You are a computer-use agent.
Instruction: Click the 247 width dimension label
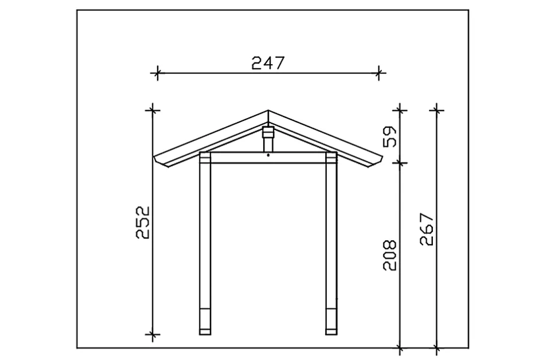pos(268,63)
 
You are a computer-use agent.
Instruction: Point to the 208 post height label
pos(390,256)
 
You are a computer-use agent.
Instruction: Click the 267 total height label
pos(427,230)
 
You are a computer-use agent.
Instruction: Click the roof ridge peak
pos(268,112)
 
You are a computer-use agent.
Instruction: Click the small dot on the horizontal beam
pos(268,155)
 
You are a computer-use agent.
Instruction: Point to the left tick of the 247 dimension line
pos(156,73)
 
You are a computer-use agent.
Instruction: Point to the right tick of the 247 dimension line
pos(379,73)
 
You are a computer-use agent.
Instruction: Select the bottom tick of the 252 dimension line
pos(152,334)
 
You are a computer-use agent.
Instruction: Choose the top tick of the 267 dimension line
pos(437,108)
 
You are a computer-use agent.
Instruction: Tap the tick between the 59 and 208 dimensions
pos(400,163)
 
